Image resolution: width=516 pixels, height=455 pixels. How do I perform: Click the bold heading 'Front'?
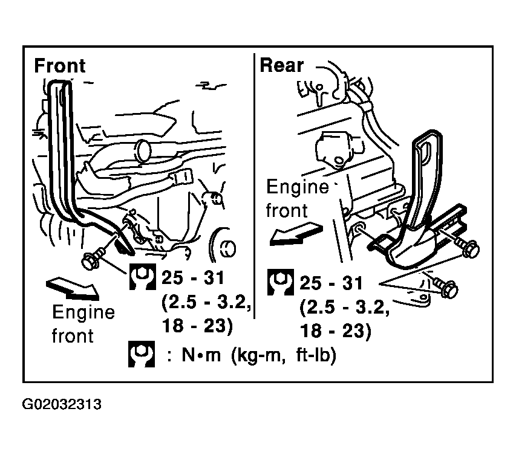[x=59, y=65]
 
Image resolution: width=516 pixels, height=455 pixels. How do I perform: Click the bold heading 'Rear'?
[x=282, y=65]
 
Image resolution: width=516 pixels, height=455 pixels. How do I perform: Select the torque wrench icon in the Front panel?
[x=143, y=277]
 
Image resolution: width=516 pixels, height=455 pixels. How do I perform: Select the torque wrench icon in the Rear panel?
[x=280, y=282]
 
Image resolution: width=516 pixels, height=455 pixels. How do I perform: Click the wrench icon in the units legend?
[x=142, y=354]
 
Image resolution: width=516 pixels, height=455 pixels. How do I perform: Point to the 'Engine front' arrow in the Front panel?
[x=73, y=289]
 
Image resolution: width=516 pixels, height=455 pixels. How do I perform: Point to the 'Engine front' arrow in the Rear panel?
[x=296, y=234]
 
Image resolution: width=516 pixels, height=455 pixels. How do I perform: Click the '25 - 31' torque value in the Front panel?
[x=193, y=278]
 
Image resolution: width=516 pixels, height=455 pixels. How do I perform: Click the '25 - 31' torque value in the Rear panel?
[x=331, y=283]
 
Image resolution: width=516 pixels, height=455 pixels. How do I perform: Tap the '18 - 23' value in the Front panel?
[x=197, y=326]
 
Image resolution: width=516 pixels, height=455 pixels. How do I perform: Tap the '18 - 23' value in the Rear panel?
[x=336, y=331]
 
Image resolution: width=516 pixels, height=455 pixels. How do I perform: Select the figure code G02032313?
[x=62, y=404]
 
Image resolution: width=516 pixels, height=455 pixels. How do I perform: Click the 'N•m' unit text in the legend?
[x=201, y=355]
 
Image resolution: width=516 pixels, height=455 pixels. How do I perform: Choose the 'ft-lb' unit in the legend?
[x=316, y=355]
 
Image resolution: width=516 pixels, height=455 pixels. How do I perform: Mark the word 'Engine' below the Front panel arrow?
[x=83, y=312]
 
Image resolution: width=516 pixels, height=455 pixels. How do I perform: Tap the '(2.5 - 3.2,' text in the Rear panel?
[x=345, y=308]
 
